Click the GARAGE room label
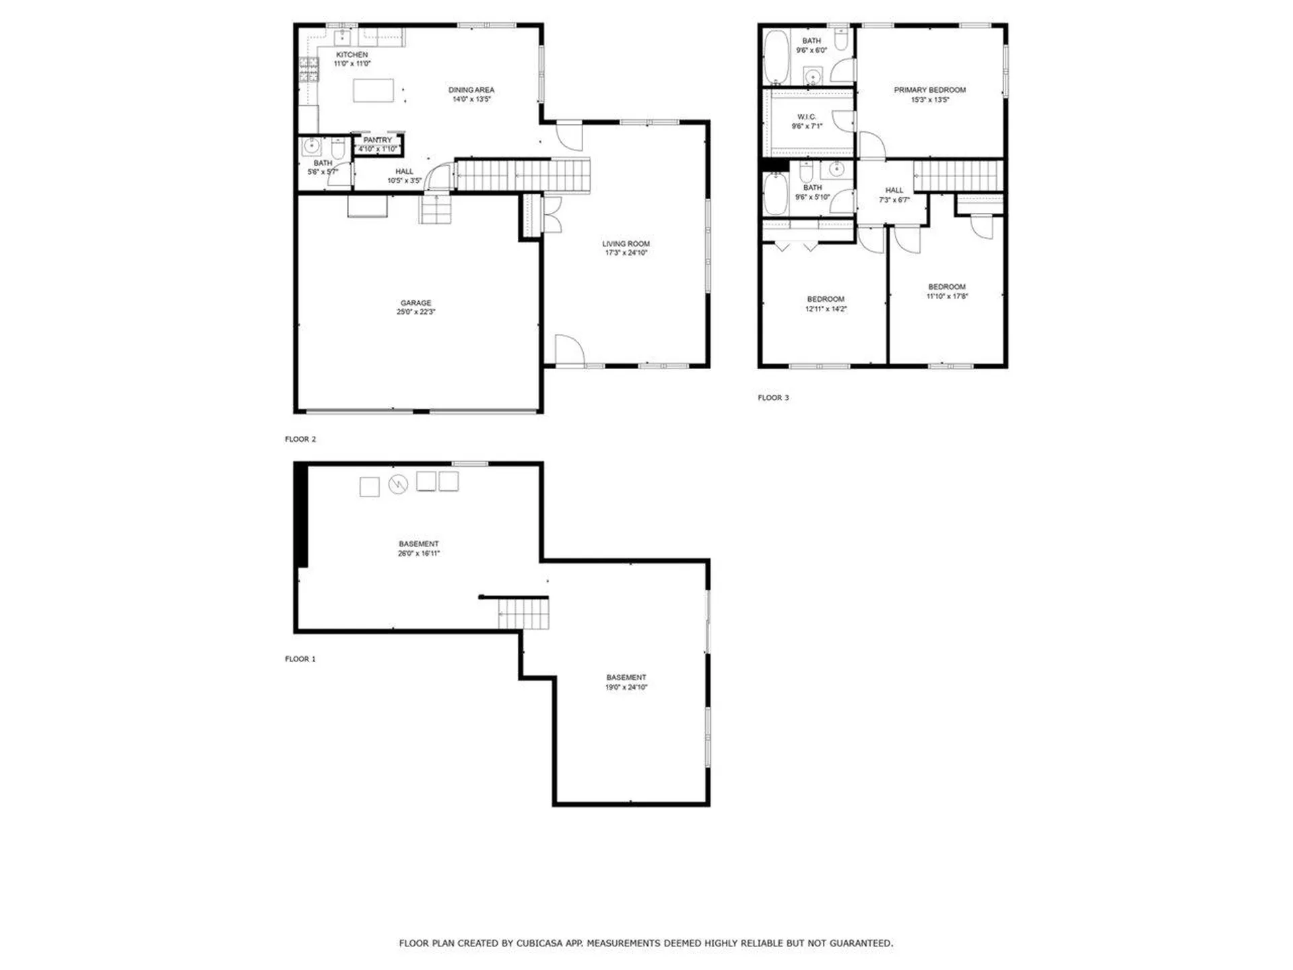[416, 303]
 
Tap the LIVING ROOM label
[626, 244]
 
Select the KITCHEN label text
[352, 55]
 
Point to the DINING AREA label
[471, 90]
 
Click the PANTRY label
[377, 140]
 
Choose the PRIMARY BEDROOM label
[930, 90]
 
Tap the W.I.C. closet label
[807, 117]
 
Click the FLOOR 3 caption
[773, 397]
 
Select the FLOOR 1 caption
[300, 659]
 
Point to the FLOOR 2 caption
[300, 439]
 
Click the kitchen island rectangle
[374, 90]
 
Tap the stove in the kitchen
[308, 70]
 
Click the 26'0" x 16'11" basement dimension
[419, 554]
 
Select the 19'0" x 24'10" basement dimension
[626, 687]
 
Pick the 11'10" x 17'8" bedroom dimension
[947, 296]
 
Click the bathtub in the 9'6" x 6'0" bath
[776, 57]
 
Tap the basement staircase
[523, 614]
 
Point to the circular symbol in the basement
[398, 485]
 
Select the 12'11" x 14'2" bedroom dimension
[826, 309]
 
